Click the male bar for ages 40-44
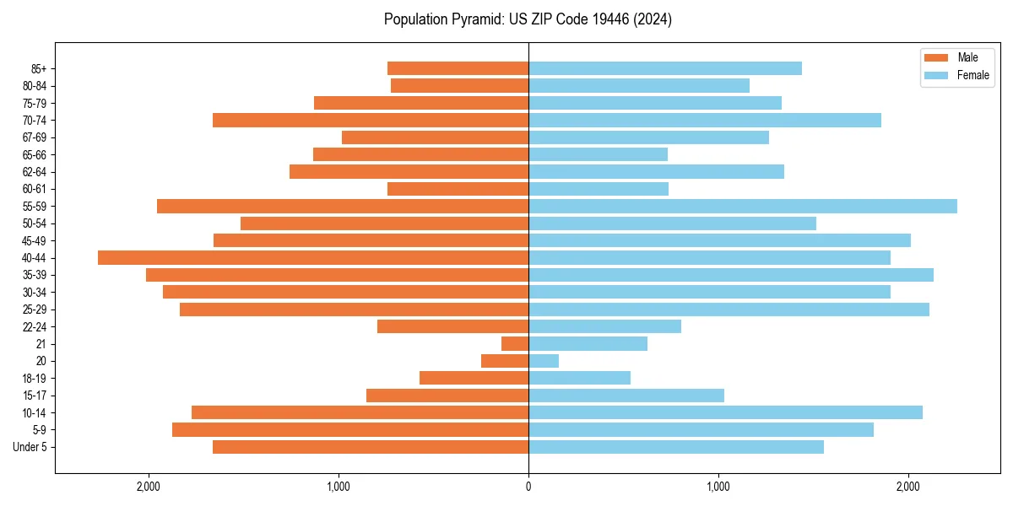312,258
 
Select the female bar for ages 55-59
743,207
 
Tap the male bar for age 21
515,344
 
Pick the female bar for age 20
544,361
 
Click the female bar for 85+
665,68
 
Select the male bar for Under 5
371,447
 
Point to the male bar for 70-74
371,121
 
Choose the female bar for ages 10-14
725,412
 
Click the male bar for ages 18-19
474,378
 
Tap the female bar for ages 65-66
598,154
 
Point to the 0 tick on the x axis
528,486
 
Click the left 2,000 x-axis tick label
149,486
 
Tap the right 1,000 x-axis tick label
718,486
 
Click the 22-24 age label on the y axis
35,326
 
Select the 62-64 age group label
35,172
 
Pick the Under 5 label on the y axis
30,447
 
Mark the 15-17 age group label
35,396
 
